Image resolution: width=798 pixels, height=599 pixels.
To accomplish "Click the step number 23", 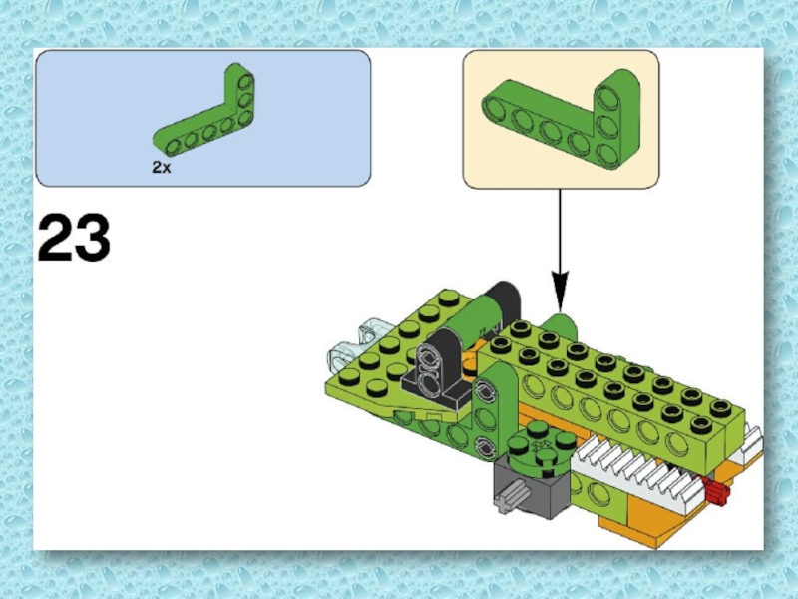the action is coord(74,238).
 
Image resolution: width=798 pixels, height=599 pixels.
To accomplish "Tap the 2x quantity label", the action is coord(162,167).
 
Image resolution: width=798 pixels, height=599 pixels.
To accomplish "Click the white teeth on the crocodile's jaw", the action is coord(641,476).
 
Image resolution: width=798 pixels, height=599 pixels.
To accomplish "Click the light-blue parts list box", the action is coord(203,118).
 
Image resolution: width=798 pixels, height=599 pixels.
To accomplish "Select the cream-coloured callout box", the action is coord(561,119).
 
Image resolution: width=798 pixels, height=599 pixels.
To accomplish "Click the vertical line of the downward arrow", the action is coord(560,231).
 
